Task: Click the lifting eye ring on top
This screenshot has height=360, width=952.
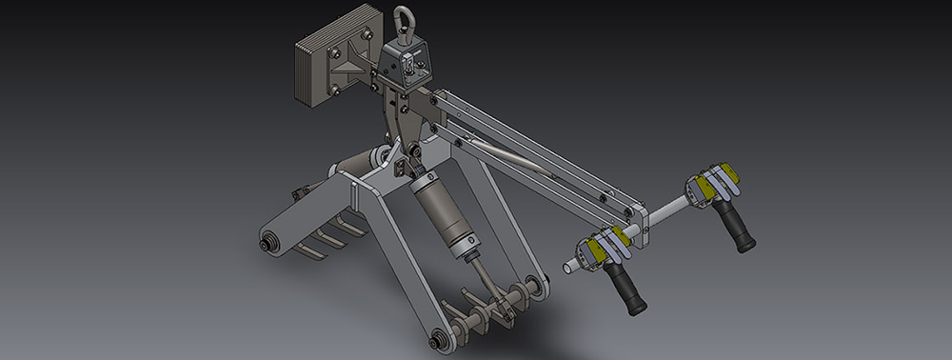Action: (403, 23)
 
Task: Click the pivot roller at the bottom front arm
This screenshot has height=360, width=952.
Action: (440, 336)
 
